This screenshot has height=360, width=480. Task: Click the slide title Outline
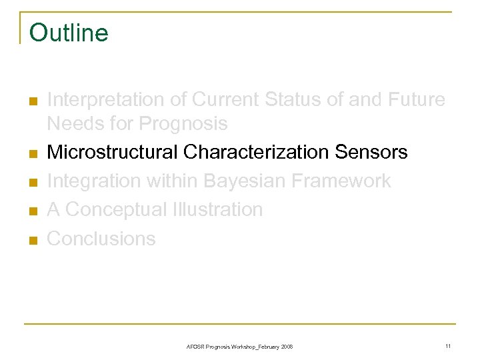(69, 32)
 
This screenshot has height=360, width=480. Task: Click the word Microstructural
(113, 153)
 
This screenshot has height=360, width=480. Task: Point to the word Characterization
(256, 153)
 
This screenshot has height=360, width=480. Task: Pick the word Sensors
(371, 153)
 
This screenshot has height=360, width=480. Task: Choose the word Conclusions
(101, 239)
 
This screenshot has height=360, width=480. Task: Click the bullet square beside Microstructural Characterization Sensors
(32, 154)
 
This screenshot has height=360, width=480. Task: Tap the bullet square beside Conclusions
(32, 240)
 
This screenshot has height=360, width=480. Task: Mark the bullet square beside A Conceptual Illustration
(32, 211)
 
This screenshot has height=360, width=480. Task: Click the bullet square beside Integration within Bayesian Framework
(32, 183)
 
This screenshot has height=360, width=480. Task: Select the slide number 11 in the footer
(448, 346)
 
